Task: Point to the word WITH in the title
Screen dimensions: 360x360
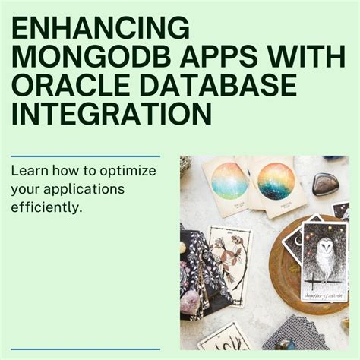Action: pyautogui.click(x=301, y=59)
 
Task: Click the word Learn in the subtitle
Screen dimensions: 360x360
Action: pyautogui.click(x=28, y=170)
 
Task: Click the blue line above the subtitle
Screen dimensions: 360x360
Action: pyautogui.click(x=85, y=156)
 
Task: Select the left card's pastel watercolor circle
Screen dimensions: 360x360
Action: pyautogui.click(x=229, y=182)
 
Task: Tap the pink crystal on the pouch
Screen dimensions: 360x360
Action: pyautogui.click(x=190, y=304)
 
